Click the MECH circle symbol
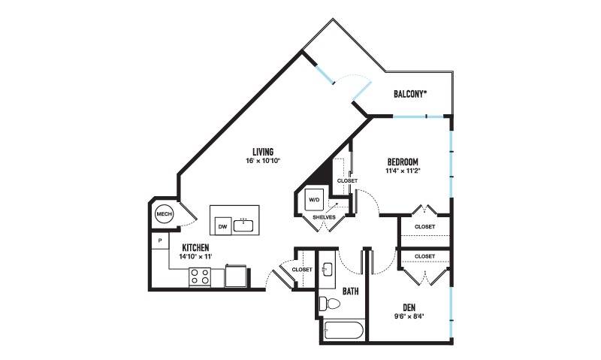click(164, 214)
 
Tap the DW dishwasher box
click(222, 225)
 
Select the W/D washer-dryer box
click(314, 200)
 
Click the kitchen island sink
click(243, 225)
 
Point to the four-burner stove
click(200, 277)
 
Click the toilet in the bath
click(330, 304)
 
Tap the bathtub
click(343, 330)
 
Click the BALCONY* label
click(410, 94)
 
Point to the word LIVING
click(263, 152)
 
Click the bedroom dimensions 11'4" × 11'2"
click(403, 171)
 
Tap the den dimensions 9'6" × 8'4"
click(409, 316)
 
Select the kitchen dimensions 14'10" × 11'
click(195, 256)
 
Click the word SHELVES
click(324, 217)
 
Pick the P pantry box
click(160, 241)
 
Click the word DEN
click(409, 307)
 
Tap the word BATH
click(350, 292)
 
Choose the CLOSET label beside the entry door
click(302, 270)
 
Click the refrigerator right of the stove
click(236, 276)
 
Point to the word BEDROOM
click(403, 162)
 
